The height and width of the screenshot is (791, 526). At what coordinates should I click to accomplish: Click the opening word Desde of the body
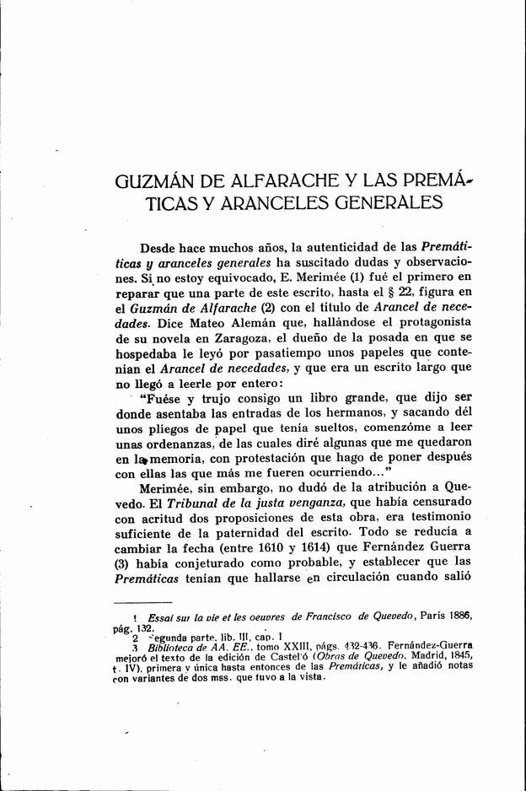(160, 248)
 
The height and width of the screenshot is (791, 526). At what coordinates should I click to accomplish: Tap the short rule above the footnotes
(142, 602)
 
